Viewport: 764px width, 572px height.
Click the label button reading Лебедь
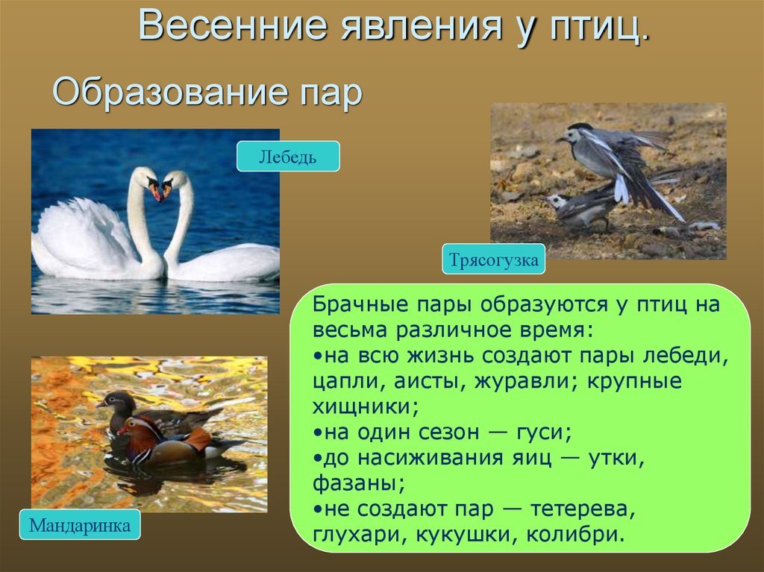pyautogui.click(x=288, y=157)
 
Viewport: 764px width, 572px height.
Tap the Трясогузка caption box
pyautogui.click(x=494, y=260)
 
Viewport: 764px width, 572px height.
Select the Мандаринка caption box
pyautogui.click(x=80, y=525)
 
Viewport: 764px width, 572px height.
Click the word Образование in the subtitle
pyautogui.click(x=168, y=91)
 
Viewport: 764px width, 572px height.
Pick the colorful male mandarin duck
pyautogui.click(x=175, y=441)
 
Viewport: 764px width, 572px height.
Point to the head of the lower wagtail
pyautogui.click(x=554, y=201)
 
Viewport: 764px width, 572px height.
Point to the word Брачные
pyautogui.click(x=360, y=304)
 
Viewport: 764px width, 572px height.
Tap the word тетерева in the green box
pyautogui.click(x=582, y=509)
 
